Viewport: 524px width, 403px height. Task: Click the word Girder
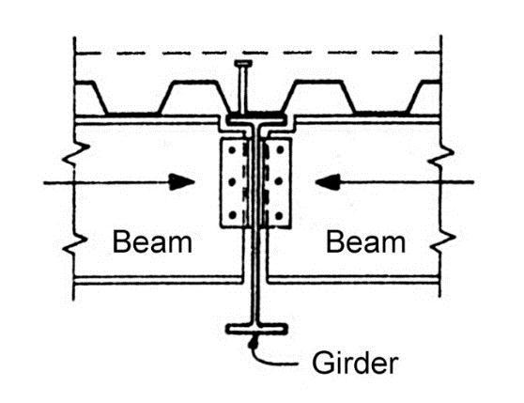click(x=355, y=363)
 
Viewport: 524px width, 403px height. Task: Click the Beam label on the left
click(x=152, y=242)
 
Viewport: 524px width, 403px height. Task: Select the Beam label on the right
click(x=365, y=242)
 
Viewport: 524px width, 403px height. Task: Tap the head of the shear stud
click(x=243, y=63)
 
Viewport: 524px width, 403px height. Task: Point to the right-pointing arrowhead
click(x=182, y=182)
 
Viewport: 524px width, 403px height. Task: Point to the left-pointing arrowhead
click(x=328, y=182)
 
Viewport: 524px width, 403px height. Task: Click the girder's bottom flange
click(x=256, y=329)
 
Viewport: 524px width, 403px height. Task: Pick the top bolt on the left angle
click(x=232, y=150)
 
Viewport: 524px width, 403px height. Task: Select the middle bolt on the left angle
click(x=232, y=182)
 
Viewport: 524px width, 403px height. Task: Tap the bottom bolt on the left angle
click(x=233, y=215)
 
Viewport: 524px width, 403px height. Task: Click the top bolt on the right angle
click(x=280, y=149)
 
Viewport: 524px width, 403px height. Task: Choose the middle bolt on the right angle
click(x=280, y=181)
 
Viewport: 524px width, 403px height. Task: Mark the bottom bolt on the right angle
click(x=279, y=215)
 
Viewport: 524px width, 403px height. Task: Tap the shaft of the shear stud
click(x=242, y=89)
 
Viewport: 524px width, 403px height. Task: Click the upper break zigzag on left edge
click(x=75, y=154)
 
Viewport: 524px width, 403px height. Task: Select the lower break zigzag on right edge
click(x=442, y=239)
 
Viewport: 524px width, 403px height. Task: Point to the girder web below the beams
click(x=256, y=302)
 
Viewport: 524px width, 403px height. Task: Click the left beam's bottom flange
click(x=158, y=280)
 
